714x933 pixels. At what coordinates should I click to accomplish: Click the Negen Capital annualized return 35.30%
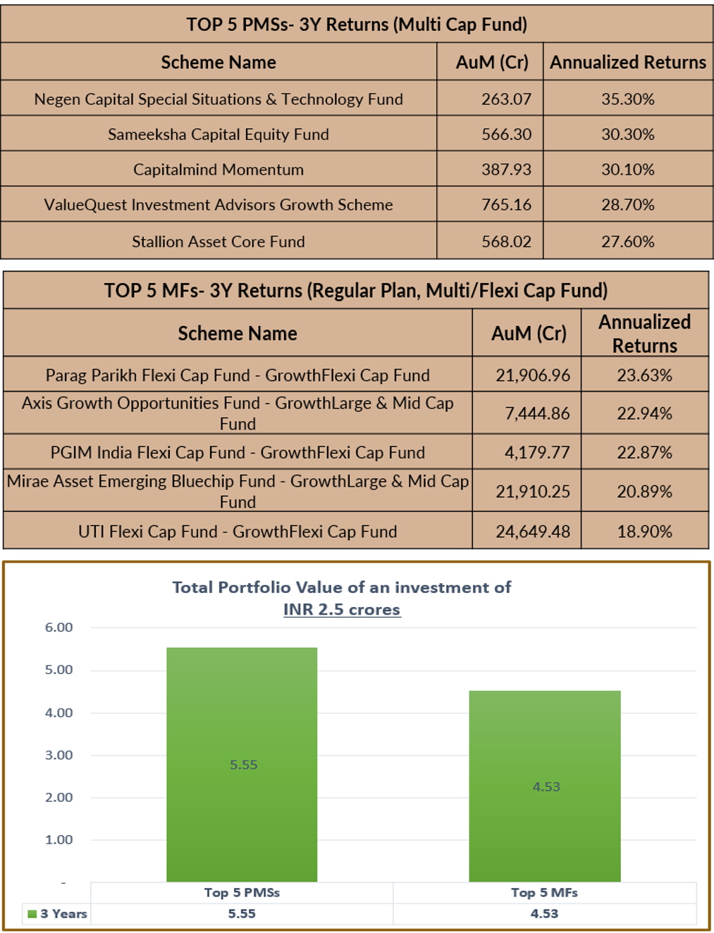click(627, 99)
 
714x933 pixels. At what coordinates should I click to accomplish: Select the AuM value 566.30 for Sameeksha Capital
click(506, 134)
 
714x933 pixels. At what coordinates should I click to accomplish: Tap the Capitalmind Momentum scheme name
click(218, 170)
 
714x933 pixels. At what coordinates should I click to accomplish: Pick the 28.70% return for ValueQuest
click(627, 205)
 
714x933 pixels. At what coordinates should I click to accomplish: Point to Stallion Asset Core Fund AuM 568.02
click(506, 242)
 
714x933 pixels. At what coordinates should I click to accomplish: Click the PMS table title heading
click(357, 24)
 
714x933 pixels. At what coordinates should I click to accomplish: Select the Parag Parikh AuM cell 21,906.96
click(532, 375)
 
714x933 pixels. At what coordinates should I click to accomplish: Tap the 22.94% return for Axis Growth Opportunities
click(644, 413)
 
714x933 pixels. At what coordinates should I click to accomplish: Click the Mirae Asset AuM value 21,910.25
click(532, 491)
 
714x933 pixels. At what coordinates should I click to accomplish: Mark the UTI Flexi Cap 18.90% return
click(644, 532)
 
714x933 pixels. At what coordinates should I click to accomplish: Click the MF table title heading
click(356, 291)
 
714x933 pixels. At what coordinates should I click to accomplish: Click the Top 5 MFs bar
click(545, 786)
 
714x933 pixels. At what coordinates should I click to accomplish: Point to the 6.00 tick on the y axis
click(59, 627)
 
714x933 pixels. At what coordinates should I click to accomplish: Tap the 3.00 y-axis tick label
click(59, 755)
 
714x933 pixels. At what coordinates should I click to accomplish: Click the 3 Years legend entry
click(57, 913)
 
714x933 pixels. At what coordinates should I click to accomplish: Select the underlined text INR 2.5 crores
click(342, 610)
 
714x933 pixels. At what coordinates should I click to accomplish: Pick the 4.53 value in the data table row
click(544, 913)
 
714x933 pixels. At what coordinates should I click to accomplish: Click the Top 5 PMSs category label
click(242, 893)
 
